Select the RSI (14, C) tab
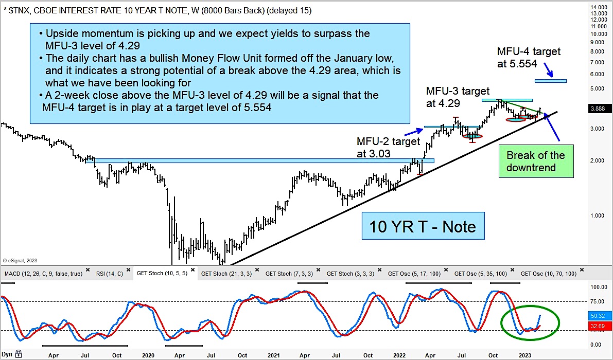tap(108, 274)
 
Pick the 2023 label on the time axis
tap(524, 355)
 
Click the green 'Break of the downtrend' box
tap(535, 161)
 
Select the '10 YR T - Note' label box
tap(423, 226)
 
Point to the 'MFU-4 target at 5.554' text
tap(529, 58)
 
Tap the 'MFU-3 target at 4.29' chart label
tap(458, 97)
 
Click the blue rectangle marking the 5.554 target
tap(550, 81)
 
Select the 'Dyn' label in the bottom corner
tap(7, 354)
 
